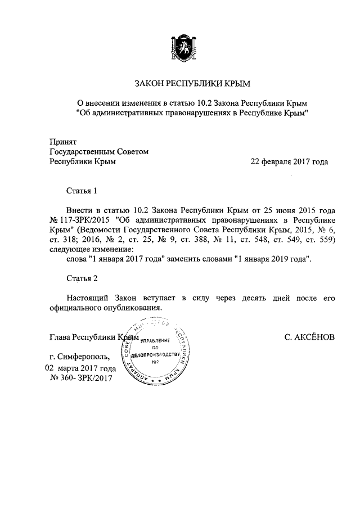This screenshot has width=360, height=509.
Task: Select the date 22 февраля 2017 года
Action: [289, 161]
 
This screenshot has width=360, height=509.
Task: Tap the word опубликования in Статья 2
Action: [129, 308]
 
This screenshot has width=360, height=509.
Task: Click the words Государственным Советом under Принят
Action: [98, 151]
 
